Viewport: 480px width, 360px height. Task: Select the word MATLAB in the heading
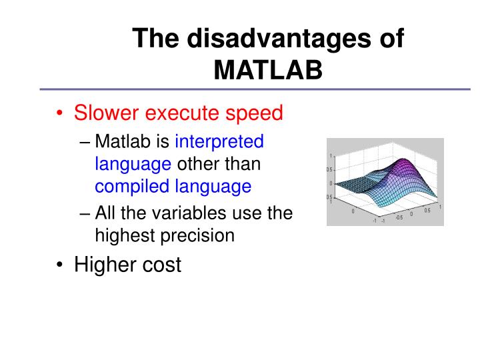268,69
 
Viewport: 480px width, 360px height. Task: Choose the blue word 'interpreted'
219,141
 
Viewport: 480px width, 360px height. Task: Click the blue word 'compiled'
134,186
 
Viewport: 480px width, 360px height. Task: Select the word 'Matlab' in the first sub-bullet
121,141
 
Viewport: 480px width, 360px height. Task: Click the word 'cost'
163,265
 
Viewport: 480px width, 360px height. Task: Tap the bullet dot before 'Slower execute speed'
60,113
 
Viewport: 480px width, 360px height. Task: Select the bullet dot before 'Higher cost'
60,265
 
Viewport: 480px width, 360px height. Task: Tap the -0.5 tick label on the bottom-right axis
399,217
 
